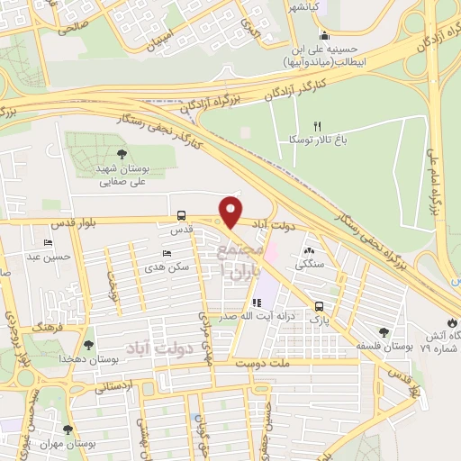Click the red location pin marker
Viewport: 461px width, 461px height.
click(x=230, y=212)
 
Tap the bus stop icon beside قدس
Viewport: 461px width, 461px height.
click(x=183, y=215)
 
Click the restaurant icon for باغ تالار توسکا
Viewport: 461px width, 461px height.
click(x=316, y=125)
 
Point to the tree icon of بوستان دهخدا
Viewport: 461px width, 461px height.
click(x=87, y=344)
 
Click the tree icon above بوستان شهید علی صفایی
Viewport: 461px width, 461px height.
click(x=122, y=153)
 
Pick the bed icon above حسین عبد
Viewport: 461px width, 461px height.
click(x=48, y=243)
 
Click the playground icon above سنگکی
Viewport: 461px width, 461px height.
click(x=310, y=251)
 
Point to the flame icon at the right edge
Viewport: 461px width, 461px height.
click(x=451, y=323)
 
